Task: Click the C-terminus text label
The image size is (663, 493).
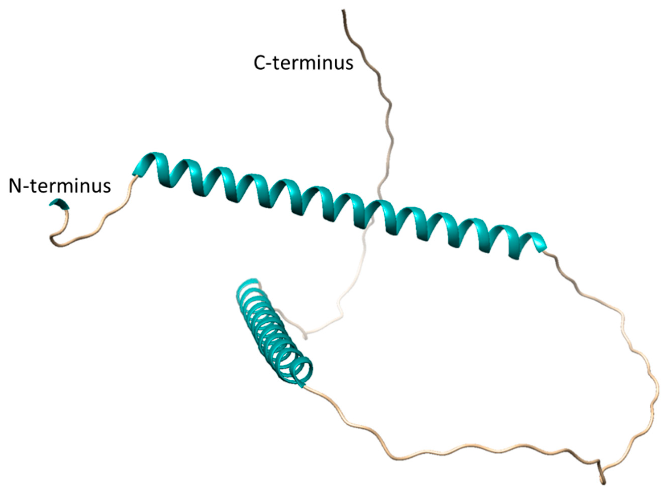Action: tap(303, 63)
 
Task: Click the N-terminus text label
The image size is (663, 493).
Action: tap(60, 186)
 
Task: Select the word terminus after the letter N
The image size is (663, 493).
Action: tap(70, 186)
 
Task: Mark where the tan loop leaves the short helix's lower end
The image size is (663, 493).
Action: tap(305, 387)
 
